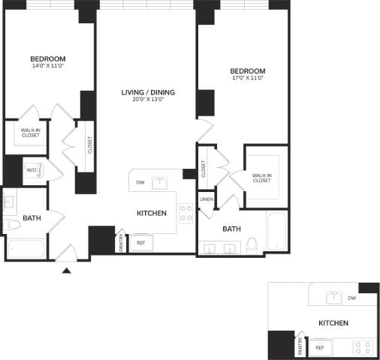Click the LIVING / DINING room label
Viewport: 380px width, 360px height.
pos(148,92)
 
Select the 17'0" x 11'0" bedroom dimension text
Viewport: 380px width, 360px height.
pos(248,79)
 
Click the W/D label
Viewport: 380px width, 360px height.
pos(32,170)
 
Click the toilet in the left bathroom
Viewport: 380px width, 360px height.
pos(13,225)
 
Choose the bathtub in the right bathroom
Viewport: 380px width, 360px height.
pos(276,232)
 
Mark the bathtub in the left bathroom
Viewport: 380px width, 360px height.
pos(26,248)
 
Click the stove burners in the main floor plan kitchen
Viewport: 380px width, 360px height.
pos(185,213)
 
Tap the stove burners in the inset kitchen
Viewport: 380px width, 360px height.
pos(363,347)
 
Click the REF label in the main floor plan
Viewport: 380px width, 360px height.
pos(140,243)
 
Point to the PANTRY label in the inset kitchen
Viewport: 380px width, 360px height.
pos(300,346)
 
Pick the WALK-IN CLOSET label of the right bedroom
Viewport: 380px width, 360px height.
pos(262,178)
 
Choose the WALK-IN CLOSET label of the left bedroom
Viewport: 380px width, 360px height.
pos(31,133)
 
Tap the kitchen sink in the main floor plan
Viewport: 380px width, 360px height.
pos(159,182)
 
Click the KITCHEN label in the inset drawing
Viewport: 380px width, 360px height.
pos(333,323)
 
